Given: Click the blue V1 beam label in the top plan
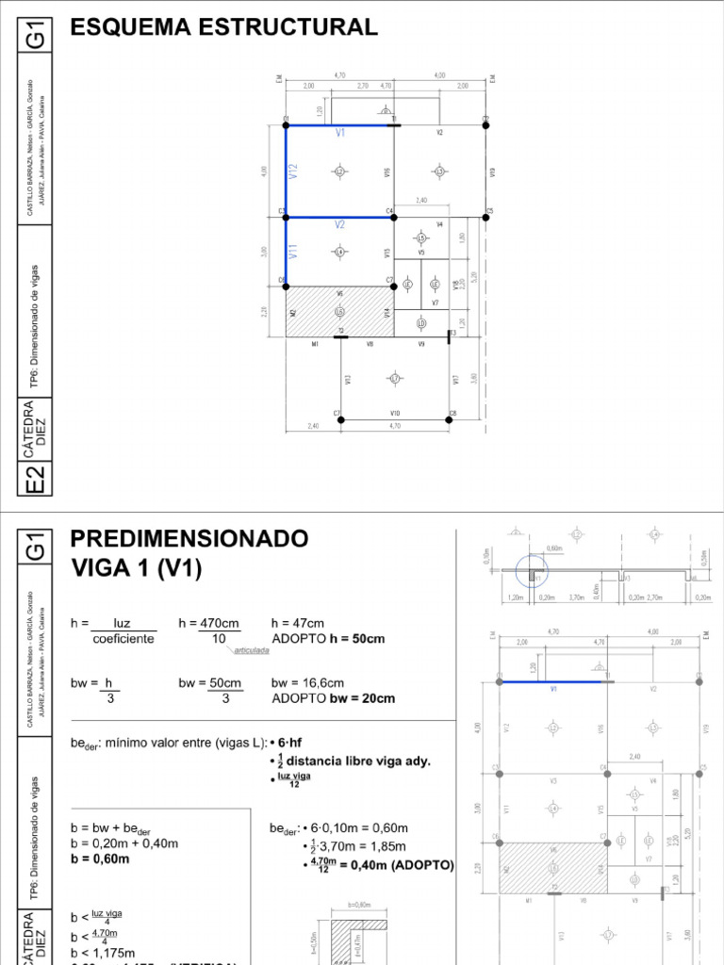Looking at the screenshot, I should [340, 134].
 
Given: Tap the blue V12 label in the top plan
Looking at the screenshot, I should [294, 171].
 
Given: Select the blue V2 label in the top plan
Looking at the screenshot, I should [339, 225].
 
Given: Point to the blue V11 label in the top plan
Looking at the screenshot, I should [294, 252].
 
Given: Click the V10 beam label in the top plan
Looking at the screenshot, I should [395, 413].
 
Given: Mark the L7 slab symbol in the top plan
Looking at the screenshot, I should [395, 379].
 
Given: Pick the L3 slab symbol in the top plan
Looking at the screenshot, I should [438, 171].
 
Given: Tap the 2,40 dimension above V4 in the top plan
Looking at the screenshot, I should [421, 201].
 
